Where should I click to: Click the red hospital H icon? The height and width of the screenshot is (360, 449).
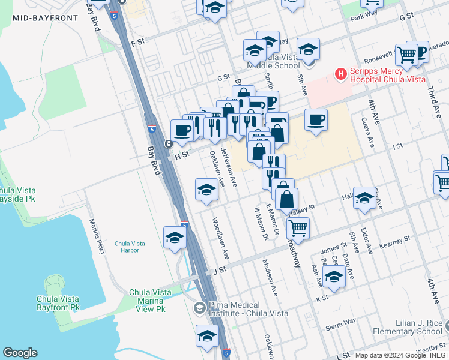point(341,74)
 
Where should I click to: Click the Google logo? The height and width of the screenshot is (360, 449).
point(20,353)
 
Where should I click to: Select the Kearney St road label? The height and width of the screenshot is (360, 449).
point(395,242)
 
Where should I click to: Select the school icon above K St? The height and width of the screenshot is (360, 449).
point(333,276)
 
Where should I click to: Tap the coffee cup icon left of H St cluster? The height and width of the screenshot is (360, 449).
point(182,129)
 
